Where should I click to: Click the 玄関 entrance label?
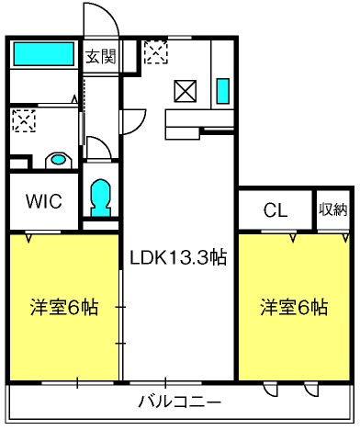[101, 56]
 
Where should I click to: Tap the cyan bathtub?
[43, 54]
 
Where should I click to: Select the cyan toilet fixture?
[100, 198]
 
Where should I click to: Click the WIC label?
[44, 201]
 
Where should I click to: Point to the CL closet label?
[276, 210]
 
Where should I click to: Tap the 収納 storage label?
[333, 209]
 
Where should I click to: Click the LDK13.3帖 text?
[178, 257]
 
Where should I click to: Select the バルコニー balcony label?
[180, 402]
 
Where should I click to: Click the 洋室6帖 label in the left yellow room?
[64, 307]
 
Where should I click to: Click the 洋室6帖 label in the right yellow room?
[294, 307]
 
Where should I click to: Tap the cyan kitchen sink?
[223, 91]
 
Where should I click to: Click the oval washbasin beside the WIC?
[58, 160]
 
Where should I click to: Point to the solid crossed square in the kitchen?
[186, 91]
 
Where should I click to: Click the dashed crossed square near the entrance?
[156, 52]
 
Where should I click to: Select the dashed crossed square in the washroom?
[24, 121]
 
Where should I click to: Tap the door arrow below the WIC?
[28, 238]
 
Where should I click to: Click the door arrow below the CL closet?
[293, 238]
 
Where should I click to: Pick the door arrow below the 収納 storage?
[346, 238]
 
